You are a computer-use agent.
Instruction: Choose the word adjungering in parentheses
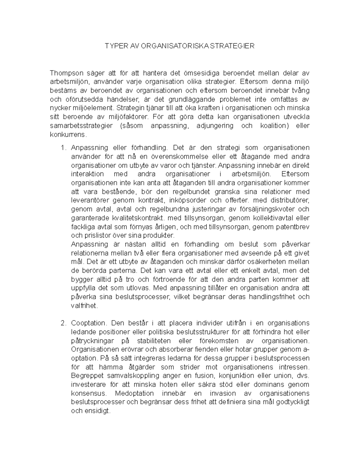tap(214, 126)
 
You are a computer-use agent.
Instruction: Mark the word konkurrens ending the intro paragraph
tap(68, 134)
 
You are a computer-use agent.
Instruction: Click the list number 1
tap(63, 148)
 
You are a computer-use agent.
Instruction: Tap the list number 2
tap(63, 323)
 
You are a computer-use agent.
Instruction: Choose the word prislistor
tap(98, 236)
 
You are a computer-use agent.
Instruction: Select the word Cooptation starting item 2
tap(88, 323)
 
